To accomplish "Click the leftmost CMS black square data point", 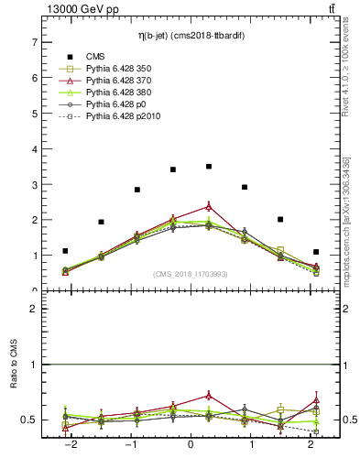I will [x=65, y=251].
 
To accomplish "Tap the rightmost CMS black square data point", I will [x=316, y=252].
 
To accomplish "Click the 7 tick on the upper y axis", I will [x=35, y=42].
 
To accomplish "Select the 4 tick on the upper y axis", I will [x=35, y=149].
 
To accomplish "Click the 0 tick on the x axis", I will [x=191, y=444].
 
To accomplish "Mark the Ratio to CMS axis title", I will [x=15, y=386].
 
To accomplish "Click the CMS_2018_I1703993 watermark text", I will [x=191, y=274].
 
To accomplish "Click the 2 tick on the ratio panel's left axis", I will [x=35, y=309].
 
